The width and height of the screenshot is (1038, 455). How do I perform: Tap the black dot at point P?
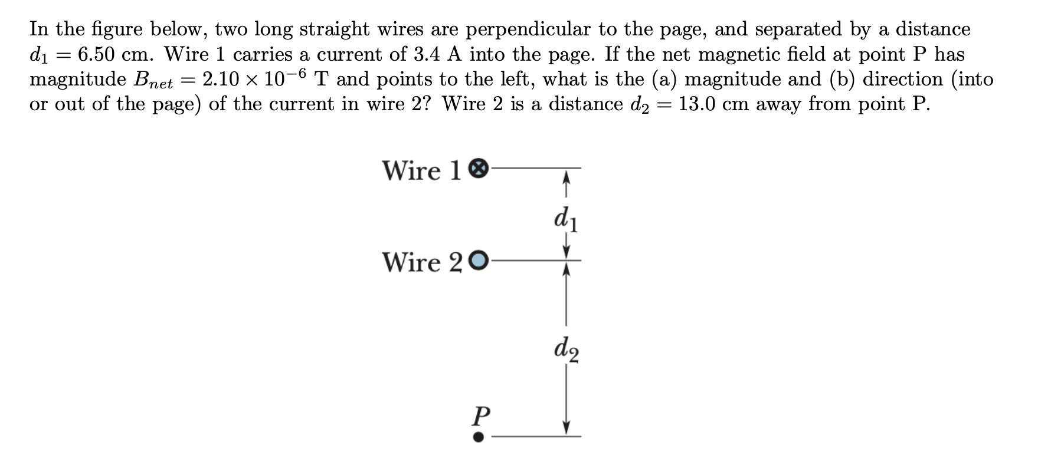click(479, 437)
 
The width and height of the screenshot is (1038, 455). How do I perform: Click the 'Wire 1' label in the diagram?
click(421, 170)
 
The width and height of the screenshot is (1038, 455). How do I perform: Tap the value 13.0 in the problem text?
click(696, 104)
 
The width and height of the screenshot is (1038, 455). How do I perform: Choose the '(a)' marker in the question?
click(665, 79)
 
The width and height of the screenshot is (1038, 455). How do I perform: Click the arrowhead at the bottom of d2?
click(567, 428)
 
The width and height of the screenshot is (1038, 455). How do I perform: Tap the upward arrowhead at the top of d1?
click(567, 175)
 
